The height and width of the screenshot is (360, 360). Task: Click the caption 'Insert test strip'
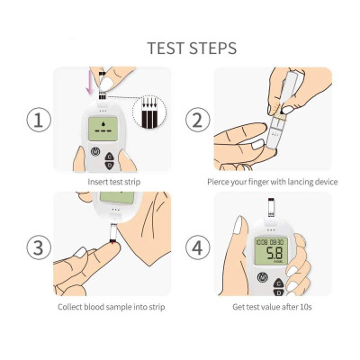(113, 183)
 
